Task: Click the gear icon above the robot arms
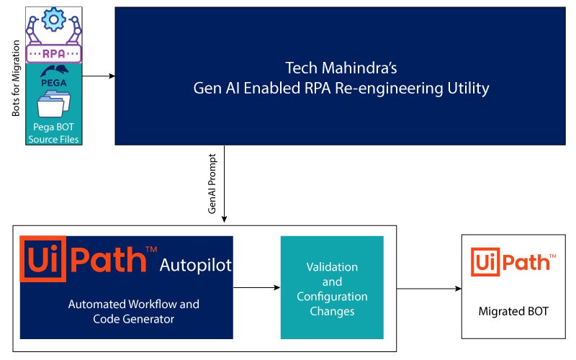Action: click(55, 19)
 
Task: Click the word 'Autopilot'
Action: click(196, 266)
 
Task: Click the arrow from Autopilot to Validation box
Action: click(256, 288)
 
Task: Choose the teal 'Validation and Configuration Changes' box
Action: click(328, 288)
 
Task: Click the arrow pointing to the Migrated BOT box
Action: click(428, 289)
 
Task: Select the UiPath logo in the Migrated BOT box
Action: click(513, 263)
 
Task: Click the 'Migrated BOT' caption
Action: click(513, 312)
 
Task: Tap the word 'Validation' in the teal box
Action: click(328, 266)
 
